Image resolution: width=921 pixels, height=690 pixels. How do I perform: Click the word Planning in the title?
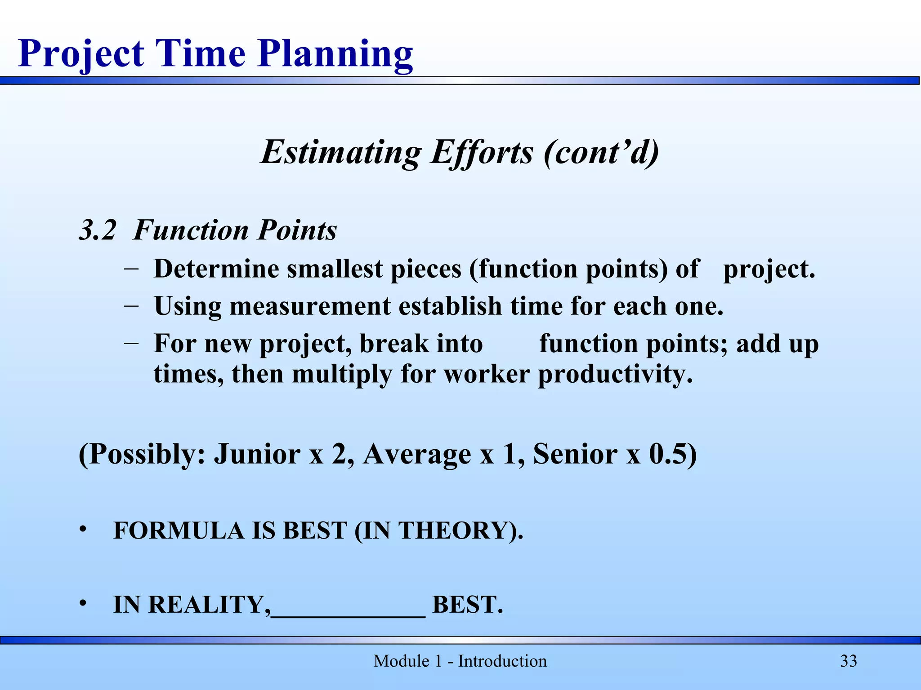click(x=335, y=54)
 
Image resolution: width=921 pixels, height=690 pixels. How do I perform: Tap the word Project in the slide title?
click(x=81, y=54)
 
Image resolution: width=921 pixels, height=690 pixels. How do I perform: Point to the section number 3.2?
click(x=97, y=230)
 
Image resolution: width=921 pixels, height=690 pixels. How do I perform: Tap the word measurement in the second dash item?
click(x=310, y=306)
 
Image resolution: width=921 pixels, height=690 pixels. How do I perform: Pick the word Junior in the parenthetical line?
click(x=257, y=454)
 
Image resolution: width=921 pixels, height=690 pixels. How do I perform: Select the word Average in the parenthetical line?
click(x=417, y=454)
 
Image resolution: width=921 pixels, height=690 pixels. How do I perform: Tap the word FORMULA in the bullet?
click(x=179, y=531)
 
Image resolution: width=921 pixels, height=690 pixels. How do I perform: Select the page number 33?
click(x=849, y=661)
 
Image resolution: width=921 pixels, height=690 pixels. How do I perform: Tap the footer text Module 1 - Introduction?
click(x=460, y=661)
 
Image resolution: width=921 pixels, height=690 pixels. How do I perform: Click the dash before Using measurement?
click(x=131, y=305)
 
